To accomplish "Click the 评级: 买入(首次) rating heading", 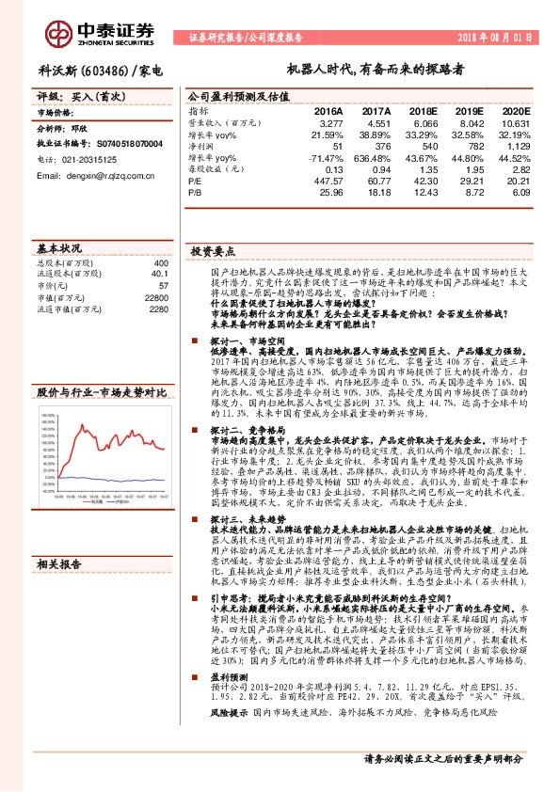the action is tap(72, 96).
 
